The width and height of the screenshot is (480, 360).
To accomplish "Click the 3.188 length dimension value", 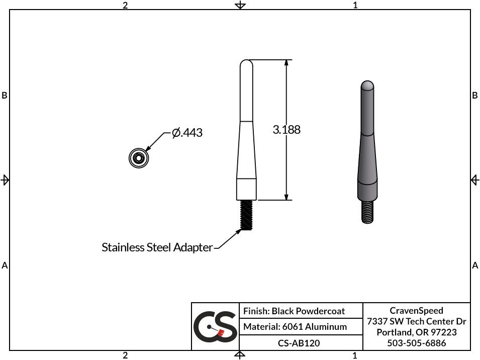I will coord(286,130).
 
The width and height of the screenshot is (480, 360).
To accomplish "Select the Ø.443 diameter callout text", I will coord(187,133).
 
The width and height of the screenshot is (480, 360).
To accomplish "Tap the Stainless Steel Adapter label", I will coord(157,247).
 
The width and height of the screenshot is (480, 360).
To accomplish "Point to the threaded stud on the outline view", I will coord(246,215).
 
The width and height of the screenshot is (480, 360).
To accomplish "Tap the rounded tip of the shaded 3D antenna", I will coord(367,84).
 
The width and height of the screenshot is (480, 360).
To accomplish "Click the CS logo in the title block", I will coord(215,327).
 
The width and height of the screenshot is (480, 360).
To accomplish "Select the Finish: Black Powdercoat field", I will coord(294,311).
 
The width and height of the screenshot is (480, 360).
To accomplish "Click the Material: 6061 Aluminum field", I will coord(295,327).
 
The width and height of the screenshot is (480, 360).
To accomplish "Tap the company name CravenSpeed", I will coord(416,311).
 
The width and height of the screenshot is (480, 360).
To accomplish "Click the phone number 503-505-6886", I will coord(416,343).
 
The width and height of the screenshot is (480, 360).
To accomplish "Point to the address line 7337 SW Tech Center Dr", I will coord(416,322).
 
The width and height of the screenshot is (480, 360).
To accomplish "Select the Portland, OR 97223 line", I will coord(416,332).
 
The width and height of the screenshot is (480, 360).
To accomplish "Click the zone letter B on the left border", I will coord(5,96).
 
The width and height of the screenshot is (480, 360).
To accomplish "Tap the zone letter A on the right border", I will coord(475,265).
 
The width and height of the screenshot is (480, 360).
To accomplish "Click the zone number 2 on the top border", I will coord(125,5).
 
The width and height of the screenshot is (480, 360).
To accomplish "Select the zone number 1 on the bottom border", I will coord(355,355).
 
